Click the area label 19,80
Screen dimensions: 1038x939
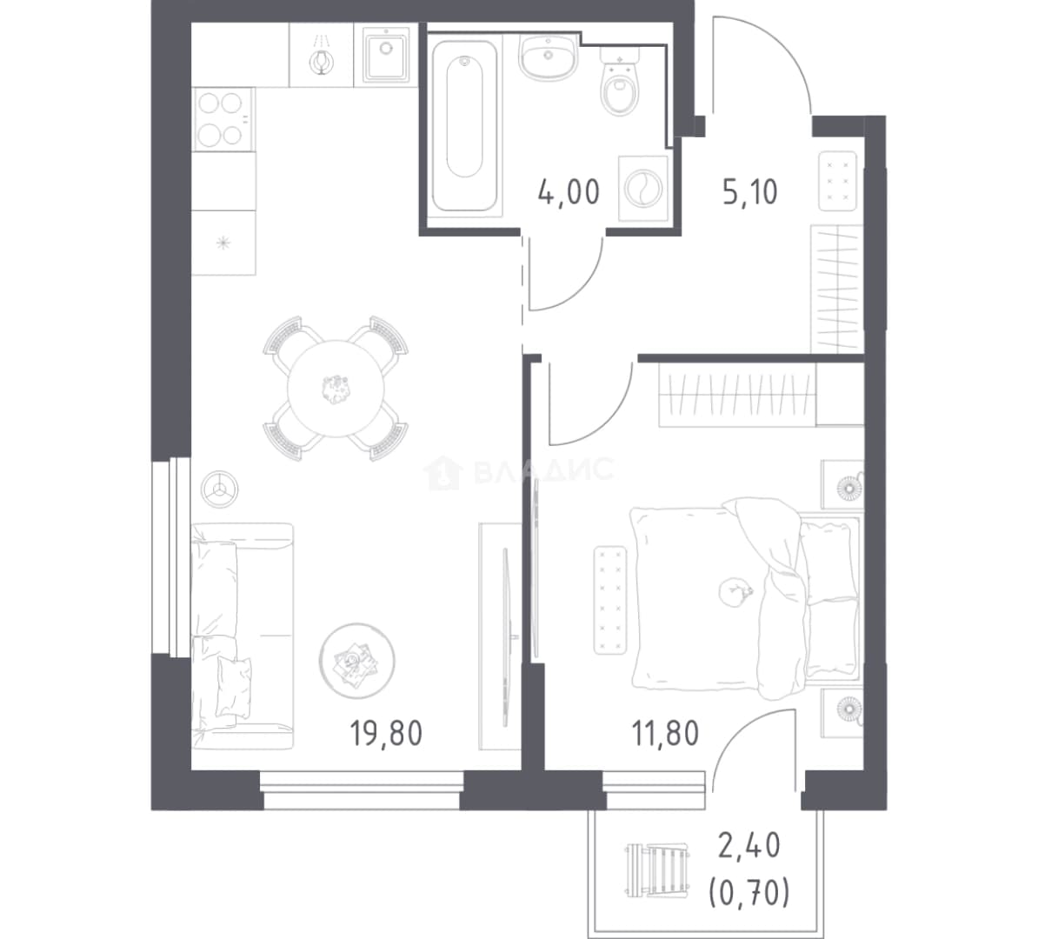(x=386, y=733)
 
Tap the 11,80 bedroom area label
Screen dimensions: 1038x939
(x=665, y=733)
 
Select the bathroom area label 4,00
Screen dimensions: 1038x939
(x=569, y=192)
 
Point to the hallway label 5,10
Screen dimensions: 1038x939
(x=750, y=192)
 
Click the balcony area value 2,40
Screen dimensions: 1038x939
(x=749, y=846)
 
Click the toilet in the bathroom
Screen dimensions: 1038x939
(x=621, y=82)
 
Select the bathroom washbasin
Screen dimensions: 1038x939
(x=549, y=57)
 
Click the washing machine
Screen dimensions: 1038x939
(x=642, y=188)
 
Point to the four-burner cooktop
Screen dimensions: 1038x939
(x=223, y=119)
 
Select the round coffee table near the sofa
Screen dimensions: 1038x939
(x=356, y=661)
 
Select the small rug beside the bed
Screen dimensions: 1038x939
(x=610, y=600)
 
